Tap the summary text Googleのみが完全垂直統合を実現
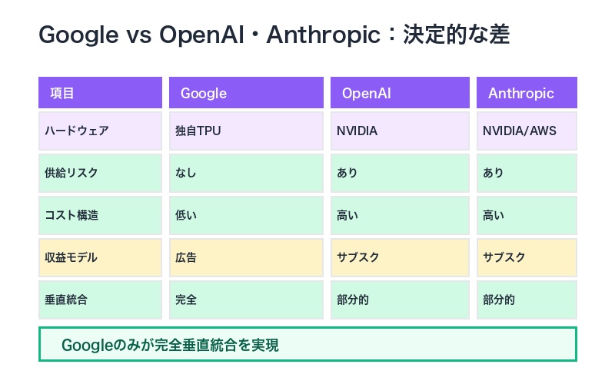coord(170,345)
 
